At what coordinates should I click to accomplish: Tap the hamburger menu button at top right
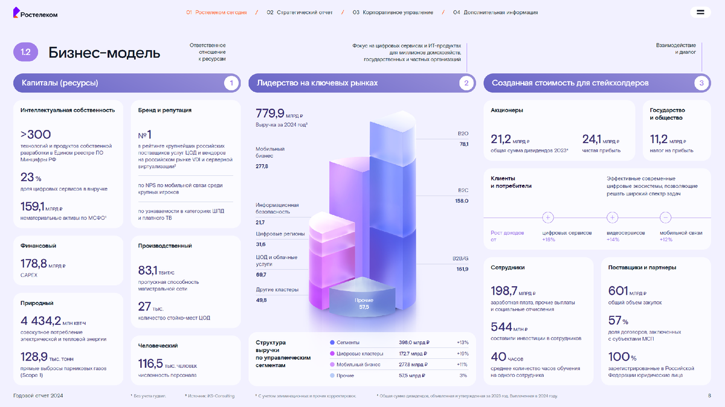(700, 12)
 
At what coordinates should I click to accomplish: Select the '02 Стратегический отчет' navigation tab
(300, 12)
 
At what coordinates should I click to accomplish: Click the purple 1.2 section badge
(25, 52)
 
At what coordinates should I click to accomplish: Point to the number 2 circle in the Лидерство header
(466, 83)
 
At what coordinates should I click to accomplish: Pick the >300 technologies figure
(36, 134)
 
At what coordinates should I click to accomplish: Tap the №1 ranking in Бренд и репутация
(145, 134)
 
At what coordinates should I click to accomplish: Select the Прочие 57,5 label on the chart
(364, 304)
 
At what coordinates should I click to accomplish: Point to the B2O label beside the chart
(463, 133)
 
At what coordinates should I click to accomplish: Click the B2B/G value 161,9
(463, 269)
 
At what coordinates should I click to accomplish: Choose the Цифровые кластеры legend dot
(332, 353)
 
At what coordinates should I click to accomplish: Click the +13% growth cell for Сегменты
(463, 342)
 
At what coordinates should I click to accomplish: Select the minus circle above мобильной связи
(666, 217)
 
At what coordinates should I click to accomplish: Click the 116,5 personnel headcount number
(151, 363)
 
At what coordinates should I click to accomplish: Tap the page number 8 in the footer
(709, 396)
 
